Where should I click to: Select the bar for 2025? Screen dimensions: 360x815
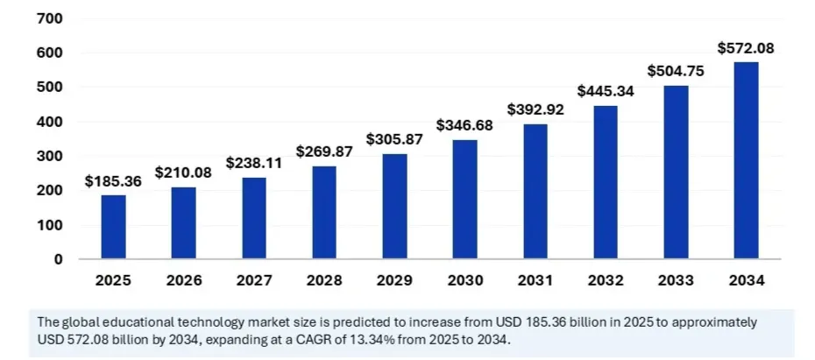coord(113,227)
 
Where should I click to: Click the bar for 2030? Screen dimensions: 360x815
coord(465,200)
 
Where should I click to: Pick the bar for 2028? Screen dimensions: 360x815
coord(323,213)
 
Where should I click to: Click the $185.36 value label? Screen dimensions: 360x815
coord(113,181)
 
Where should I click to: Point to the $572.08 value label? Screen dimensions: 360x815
coord(746,48)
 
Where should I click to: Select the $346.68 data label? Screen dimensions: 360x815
coord(465,126)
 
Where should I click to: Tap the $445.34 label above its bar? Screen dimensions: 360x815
coord(606,91)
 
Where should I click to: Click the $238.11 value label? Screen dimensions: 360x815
coord(253,163)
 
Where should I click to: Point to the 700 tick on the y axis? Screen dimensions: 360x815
coord(50,18)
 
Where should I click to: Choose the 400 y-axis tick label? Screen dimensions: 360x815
coord(50,122)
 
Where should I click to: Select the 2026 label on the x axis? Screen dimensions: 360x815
coord(183,281)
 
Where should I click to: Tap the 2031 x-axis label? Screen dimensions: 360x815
coord(535,281)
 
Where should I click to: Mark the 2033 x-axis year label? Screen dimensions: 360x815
coord(675,281)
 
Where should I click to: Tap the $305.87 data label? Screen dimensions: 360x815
coord(394,140)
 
